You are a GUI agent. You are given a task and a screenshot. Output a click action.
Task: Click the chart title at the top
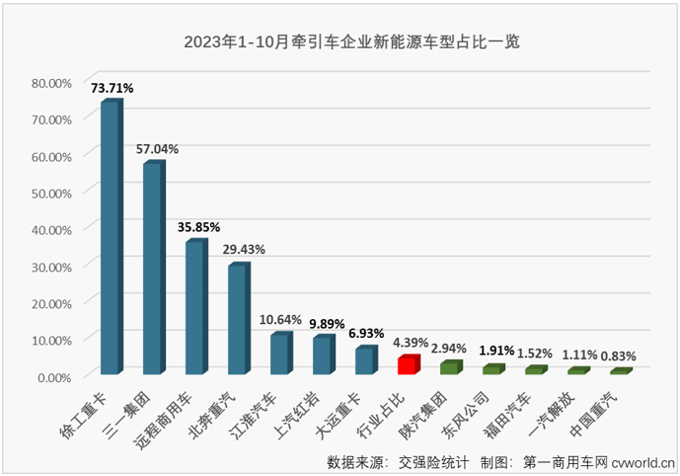pyautogui.click(x=351, y=42)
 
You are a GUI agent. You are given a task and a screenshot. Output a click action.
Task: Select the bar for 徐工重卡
pyautogui.click(x=111, y=237)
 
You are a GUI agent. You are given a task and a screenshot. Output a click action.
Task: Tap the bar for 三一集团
pyautogui.click(x=153, y=268)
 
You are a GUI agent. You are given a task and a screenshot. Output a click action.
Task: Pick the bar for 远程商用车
pyautogui.click(x=195, y=307)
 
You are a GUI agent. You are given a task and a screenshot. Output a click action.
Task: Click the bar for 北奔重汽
pyautogui.click(x=238, y=319)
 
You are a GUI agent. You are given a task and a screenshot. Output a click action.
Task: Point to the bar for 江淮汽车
pyautogui.click(x=280, y=354)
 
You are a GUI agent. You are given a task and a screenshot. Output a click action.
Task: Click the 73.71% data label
pyautogui.click(x=112, y=88)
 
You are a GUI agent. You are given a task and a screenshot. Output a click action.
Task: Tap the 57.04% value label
pyautogui.click(x=157, y=149)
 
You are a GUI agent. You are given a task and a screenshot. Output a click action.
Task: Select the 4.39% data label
pyautogui.click(x=412, y=343)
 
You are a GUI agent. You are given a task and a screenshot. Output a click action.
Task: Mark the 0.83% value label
pyautogui.click(x=621, y=356)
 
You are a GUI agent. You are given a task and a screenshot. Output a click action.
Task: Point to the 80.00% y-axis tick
pyautogui.click(x=52, y=83)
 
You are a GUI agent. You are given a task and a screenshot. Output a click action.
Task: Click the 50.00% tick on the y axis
pyautogui.click(x=52, y=193)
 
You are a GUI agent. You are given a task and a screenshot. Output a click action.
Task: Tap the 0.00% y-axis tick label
pyautogui.click(x=55, y=376)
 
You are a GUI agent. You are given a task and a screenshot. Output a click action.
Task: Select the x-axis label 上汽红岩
pyautogui.click(x=310, y=409)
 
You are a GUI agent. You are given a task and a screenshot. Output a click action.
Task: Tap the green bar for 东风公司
pyautogui.click(x=493, y=369)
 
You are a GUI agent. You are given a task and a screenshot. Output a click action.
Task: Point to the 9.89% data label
pyautogui.click(x=327, y=323)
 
